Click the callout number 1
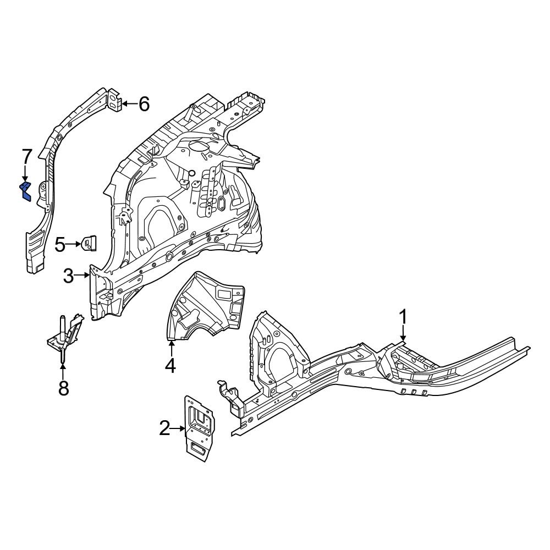(403, 317)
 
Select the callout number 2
(165, 428)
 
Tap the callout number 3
(68, 276)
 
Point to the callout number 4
(171, 365)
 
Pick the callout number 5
(61, 243)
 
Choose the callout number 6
(144, 103)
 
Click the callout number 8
(63, 388)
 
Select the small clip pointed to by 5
(89, 243)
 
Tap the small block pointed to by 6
(114, 100)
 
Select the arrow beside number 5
(75, 243)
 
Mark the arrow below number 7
(25, 174)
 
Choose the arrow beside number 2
(179, 428)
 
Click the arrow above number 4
(171, 348)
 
